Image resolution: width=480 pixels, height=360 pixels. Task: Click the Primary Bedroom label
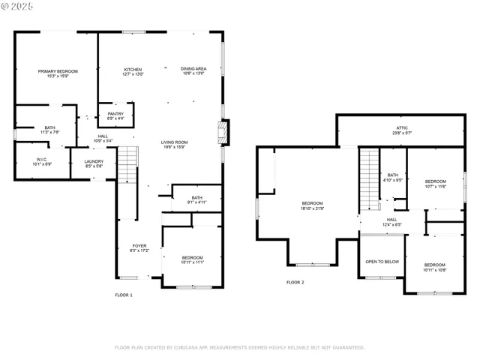58,71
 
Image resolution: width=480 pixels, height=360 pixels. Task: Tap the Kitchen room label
133,70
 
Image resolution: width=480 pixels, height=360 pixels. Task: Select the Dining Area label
193,70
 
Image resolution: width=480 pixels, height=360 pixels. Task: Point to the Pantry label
115,114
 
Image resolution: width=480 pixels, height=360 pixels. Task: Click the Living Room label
174,142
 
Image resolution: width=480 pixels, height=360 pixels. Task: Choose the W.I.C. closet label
42,159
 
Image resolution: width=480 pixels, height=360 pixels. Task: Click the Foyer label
139,246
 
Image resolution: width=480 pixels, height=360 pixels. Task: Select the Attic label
402,128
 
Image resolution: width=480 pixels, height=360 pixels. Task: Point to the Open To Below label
382,262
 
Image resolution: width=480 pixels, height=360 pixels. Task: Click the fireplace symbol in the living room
220,133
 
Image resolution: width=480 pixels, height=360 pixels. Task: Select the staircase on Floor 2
368,180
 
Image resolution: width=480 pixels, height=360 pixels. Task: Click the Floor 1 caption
124,295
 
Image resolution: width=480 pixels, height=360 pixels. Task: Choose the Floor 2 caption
295,282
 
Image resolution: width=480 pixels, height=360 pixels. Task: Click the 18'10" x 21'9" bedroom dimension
313,208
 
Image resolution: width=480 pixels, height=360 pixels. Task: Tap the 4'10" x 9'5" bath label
393,178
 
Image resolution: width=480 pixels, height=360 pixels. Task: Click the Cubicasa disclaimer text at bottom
239,347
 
